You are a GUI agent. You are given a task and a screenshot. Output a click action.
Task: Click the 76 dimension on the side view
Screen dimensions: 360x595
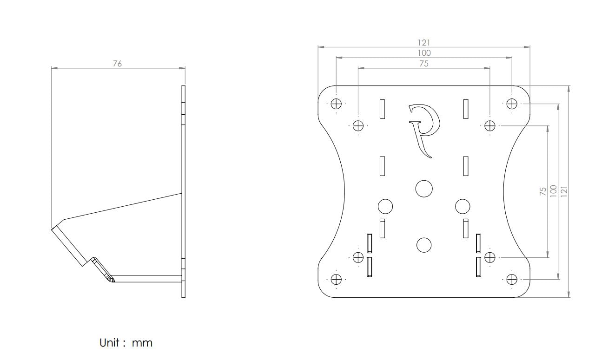(117, 64)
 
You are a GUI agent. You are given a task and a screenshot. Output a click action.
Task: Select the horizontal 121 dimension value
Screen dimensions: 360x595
(424, 43)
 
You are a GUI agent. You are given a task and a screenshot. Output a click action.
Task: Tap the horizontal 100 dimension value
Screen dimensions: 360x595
(424, 53)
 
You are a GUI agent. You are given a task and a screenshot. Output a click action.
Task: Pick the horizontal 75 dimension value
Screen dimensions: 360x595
(424, 64)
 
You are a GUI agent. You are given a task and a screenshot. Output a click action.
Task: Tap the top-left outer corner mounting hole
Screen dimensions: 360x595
(336, 104)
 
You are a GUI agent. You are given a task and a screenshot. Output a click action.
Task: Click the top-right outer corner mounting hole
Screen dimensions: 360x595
(512, 104)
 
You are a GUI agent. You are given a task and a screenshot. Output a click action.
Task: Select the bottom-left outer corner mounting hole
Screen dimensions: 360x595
(336, 279)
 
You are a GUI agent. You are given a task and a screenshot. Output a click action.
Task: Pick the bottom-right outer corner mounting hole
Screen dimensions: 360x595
(512, 279)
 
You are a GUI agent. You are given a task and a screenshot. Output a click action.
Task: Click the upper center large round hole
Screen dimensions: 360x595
(423, 188)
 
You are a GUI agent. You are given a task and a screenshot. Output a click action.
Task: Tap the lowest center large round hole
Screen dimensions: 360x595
(423, 245)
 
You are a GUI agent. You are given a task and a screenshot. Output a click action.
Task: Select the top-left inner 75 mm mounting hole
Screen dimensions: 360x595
(358, 125)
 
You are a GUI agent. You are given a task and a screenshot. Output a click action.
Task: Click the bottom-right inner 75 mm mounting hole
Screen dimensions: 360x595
(490, 257)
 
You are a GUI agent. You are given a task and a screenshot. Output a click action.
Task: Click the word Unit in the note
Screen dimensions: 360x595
(110, 343)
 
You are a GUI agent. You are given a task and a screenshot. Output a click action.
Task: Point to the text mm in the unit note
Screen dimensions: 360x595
(142, 344)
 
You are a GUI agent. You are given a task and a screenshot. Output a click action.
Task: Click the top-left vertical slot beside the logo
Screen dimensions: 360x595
(382, 109)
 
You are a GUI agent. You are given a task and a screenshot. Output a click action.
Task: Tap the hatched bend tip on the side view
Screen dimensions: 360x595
(110, 279)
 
